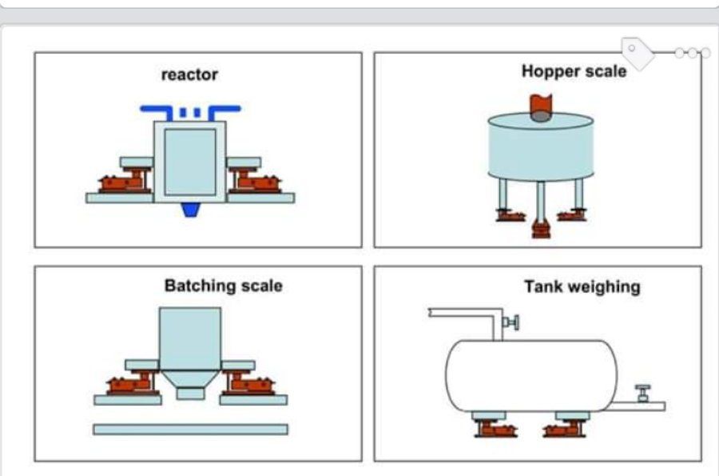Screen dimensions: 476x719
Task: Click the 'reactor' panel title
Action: click(189, 75)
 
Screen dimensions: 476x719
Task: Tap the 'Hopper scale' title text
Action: click(574, 71)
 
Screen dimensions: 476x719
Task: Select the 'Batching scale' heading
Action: click(223, 286)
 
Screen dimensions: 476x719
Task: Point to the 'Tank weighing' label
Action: click(582, 286)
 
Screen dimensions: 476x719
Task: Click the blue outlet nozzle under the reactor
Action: click(189, 210)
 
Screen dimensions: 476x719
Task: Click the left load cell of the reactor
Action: click(124, 183)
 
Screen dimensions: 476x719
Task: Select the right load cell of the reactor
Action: click(255, 183)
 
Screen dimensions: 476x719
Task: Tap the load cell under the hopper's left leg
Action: click(507, 214)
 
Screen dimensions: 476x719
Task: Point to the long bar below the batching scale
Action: click(190, 429)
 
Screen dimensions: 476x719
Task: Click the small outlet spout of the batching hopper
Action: click(190, 392)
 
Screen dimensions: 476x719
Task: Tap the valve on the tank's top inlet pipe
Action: click(510, 322)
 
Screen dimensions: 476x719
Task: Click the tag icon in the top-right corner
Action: click(636, 50)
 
